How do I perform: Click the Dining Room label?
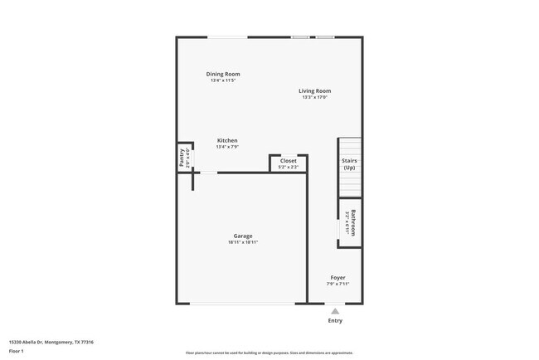coord(223,74)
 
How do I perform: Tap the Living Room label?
coord(315,90)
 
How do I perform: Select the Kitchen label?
coord(227,140)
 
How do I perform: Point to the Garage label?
coord(243,236)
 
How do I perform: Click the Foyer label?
coord(337,277)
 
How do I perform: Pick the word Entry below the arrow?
coord(335,320)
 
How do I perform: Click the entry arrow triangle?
coord(335,311)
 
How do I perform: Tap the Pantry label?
coord(182,155)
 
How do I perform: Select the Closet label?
coord(288,161)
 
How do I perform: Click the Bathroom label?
coord(353,222)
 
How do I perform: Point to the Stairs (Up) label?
coord(349,164)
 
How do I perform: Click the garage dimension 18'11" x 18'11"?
coord(243,242)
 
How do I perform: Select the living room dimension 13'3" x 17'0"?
coord(315,98)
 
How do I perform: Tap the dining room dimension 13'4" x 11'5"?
coord(223,80)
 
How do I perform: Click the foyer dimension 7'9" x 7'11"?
coord(337,284)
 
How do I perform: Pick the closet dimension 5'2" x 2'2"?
coord(288,168)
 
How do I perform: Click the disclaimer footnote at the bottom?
coord(269,353)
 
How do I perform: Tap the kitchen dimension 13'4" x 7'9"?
coord(227,147)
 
